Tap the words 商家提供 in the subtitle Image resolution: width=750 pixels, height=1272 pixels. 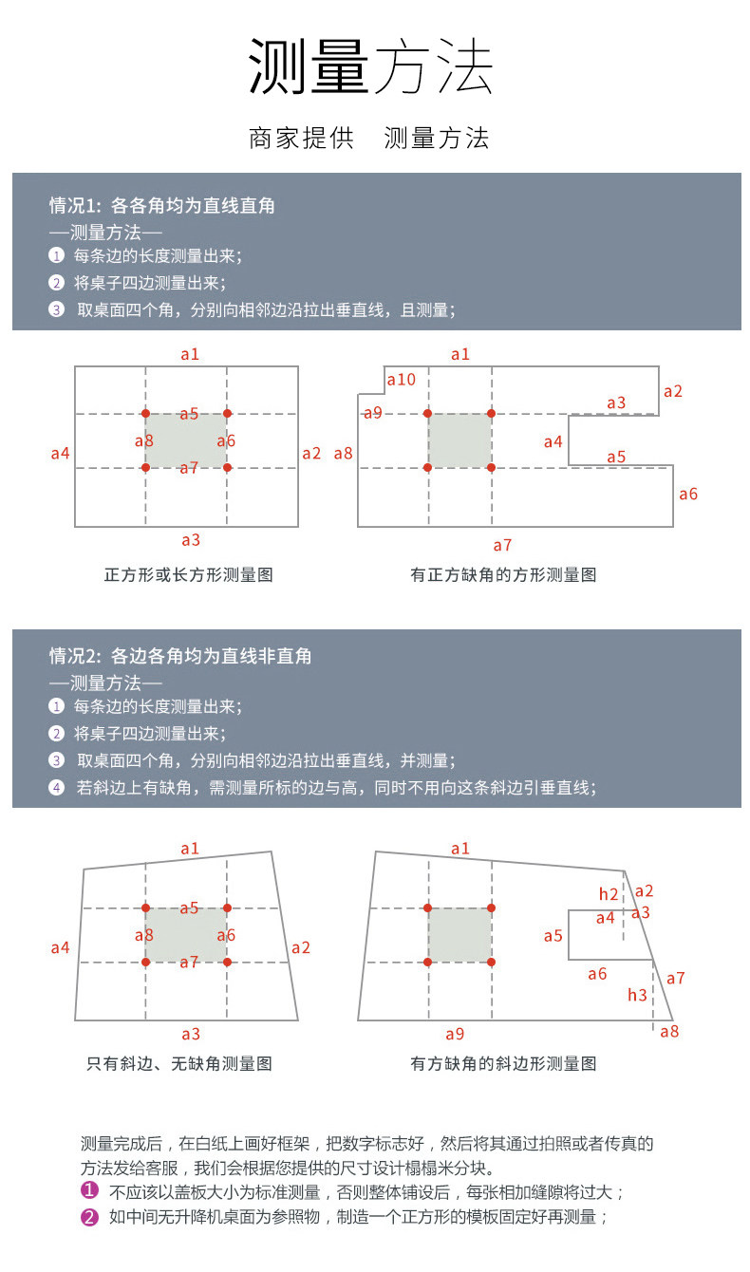pos(301,139)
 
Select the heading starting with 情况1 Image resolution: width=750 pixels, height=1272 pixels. pos(162,205)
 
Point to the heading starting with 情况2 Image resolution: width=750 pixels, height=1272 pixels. pos(180,656)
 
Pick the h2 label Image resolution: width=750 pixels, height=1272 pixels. pos(609,894)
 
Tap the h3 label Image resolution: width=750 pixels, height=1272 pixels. pos(637,995)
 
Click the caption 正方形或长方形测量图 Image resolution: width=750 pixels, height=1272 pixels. pos(188,574)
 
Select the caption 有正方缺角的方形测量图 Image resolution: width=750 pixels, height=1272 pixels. pos(503,574)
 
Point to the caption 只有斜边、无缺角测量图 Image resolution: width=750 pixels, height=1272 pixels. pos(179,1064)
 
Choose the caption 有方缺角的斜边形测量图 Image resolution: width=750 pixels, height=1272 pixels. pos(503,1064)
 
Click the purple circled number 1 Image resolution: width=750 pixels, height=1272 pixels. pos(89,1192)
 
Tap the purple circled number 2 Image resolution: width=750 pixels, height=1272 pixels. pos(89,1217)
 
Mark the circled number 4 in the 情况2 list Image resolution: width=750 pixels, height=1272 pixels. pos(57,787)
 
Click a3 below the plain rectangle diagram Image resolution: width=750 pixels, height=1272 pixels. pos(191,540)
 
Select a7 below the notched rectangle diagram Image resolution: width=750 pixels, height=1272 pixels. pos(502,545)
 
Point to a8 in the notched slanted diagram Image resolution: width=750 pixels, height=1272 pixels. pos(669,1031)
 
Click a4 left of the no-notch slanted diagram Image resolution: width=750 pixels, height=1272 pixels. pos(60,947)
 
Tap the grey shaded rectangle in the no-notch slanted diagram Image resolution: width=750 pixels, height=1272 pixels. pos(185,935)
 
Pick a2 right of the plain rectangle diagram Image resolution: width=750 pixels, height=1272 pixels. pos(311,453)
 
